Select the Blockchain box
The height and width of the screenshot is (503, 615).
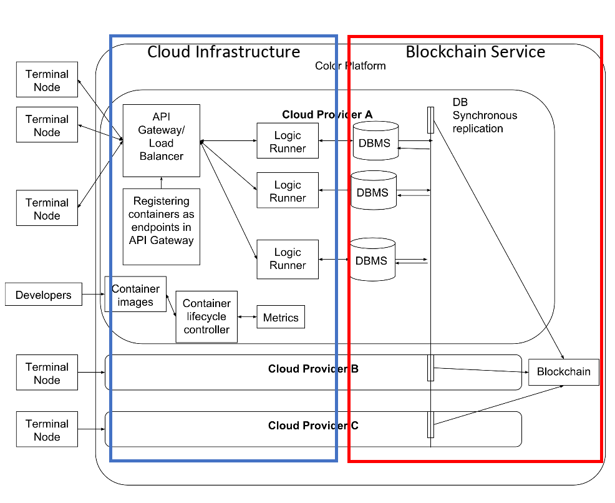(563, 372)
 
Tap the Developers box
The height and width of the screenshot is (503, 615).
(44, 295)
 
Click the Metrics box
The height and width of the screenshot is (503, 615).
(281, 318)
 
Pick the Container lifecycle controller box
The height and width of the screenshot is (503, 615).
(206, 316)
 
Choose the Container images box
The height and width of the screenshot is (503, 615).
(135, 295)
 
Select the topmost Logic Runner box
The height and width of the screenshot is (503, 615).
(288, 141)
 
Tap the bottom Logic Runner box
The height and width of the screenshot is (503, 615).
(288, 259)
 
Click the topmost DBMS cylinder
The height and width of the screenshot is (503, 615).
(374, 142)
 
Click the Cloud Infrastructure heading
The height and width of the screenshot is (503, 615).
(223, 52)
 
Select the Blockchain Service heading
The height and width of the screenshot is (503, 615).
(475, 52)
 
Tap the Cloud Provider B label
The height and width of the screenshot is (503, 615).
(313, 369)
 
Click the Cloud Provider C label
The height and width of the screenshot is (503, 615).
(313, 426)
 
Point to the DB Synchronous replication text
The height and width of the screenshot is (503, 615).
(485, 115)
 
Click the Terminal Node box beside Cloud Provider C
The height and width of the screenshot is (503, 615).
(47, 429)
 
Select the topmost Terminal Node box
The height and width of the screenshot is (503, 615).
(47, 80)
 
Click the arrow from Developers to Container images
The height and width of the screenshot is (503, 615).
(93, 295)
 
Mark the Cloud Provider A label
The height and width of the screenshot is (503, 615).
(327, 114)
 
